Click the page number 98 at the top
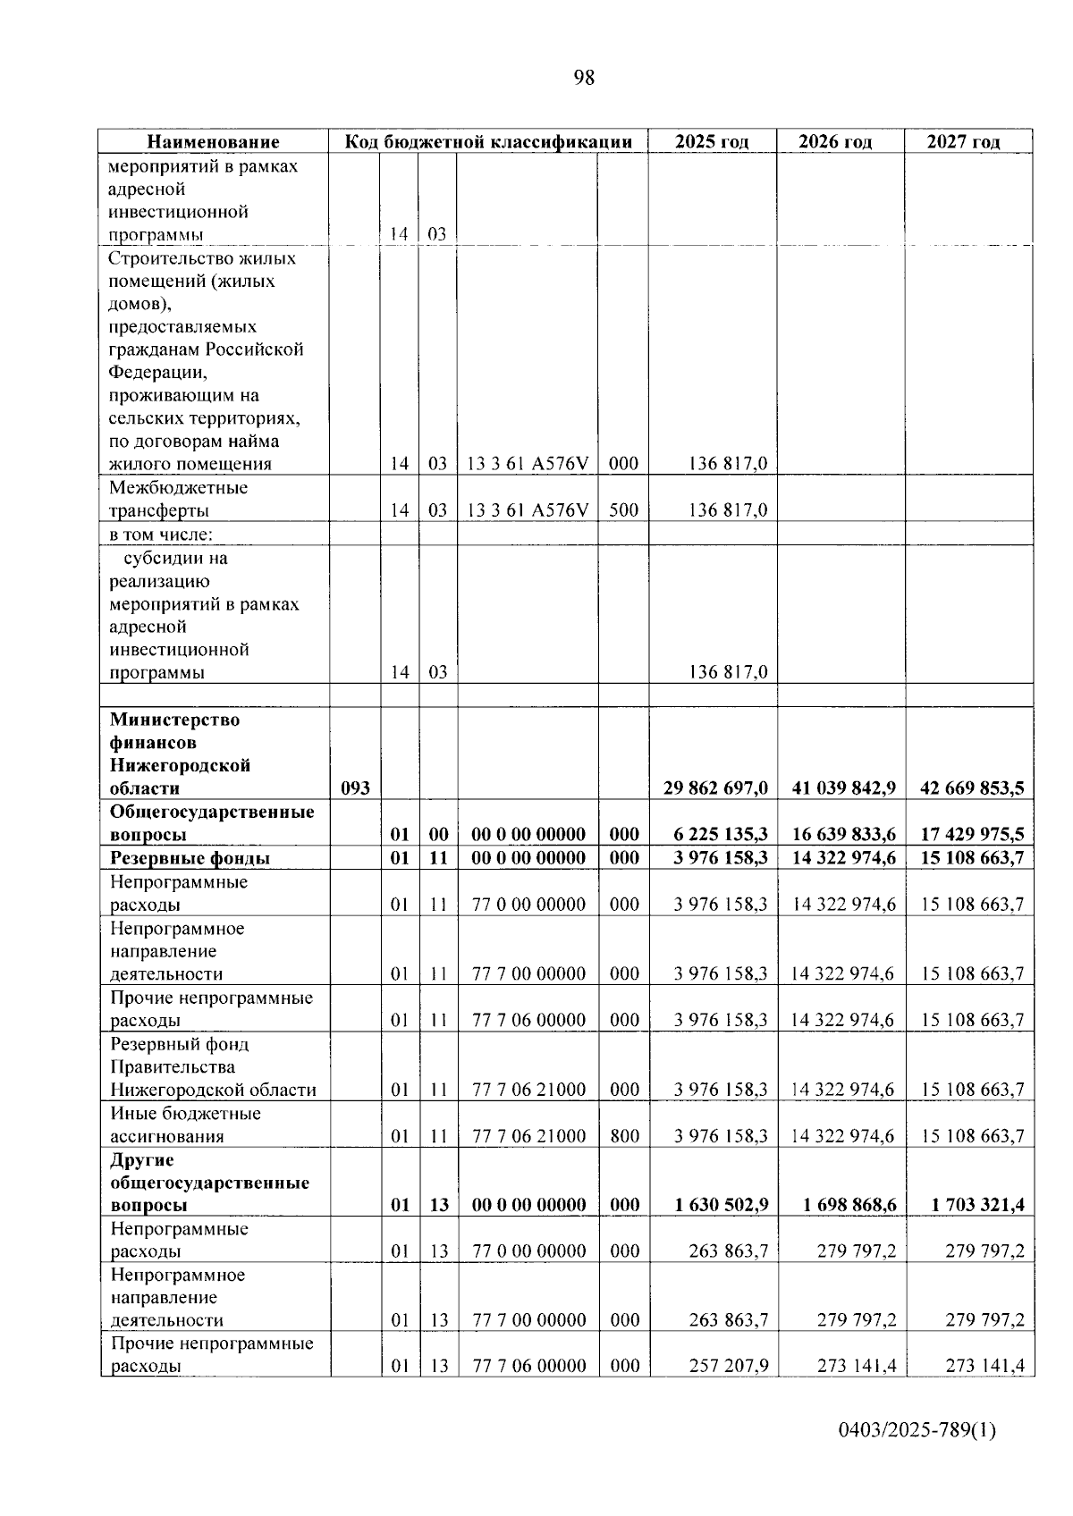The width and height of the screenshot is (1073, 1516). pyautogui.click(x=583, y=78)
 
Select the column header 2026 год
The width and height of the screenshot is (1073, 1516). pyautogui.click(x=834, y=141)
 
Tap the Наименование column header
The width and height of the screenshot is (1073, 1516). pyautogui.click(x=213, y=141)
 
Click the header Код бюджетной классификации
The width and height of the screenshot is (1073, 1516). pyautogui.click(x=489, y=141)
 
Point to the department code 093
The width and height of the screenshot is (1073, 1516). pyautogui.click(x=355, y=788)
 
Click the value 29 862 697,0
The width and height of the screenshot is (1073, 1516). pyautogui.click(x=715, y=788)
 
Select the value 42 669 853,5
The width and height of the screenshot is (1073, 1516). pyautogui.click(x=972, y=788)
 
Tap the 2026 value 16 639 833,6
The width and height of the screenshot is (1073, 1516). pyautogui.click(x=844, y=835)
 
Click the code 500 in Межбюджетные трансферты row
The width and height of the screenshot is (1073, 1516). pyautogui.click(x=623, y=510)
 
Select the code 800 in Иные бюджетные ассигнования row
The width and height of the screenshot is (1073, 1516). pyautogui.click(x=624, y=1136)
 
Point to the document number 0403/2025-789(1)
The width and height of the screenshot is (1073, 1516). pyautogui.click(x=917, y=1430)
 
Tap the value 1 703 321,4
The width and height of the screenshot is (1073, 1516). pyautogui.click(x=977, y=1205)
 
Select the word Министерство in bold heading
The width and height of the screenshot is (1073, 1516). pyautogui.click(x=174, y=720)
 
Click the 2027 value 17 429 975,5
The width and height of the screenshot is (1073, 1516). pyautogui.click(x=972, y=835)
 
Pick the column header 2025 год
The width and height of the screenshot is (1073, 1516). pyautogui.click(x=712, y=141)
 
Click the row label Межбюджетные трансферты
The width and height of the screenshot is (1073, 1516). pyautogui.click(x=179, y=499)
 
